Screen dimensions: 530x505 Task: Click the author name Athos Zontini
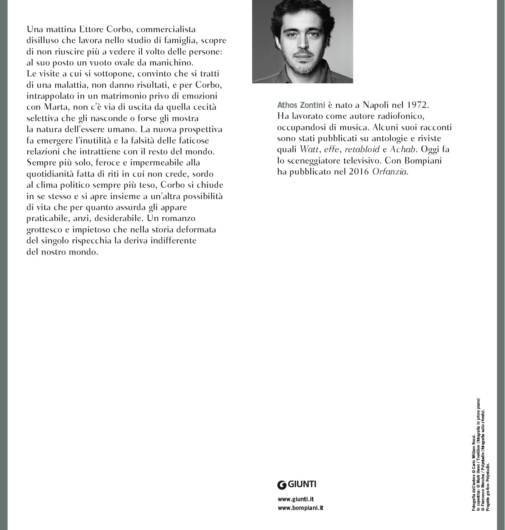pos(301,105)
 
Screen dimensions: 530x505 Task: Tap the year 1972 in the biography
pos(418,104)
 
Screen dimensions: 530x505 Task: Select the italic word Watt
pos(309,149)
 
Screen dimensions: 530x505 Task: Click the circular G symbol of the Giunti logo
pos(282,484)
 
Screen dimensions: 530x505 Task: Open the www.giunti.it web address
pos(296,499)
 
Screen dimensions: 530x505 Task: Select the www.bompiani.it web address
pos(300,508)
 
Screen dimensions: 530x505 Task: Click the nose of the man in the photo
pos(302,42)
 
